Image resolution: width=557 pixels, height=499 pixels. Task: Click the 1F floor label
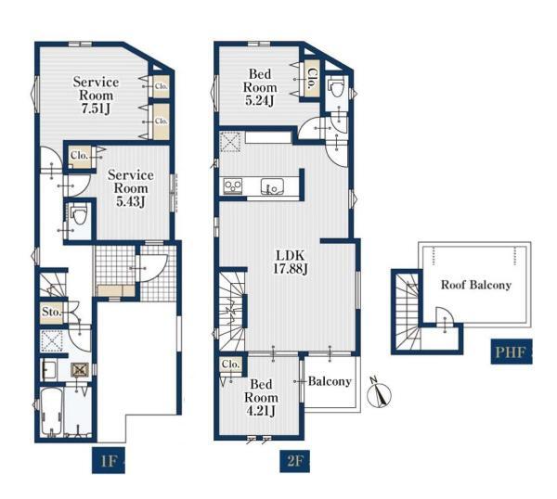109,461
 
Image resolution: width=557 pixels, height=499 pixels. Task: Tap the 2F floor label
294,461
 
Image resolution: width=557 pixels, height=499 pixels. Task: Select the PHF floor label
511,352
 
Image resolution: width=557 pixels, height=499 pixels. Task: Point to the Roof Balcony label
476,285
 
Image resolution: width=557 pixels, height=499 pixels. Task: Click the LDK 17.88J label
291,262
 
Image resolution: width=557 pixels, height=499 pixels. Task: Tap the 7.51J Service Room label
96,96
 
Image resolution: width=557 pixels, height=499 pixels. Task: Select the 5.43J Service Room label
131,188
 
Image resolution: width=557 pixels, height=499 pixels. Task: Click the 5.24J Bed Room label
260,87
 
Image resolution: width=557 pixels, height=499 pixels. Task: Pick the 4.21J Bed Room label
261,398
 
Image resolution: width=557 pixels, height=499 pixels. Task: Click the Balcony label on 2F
330,381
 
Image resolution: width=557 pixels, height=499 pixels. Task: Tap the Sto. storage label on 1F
51,313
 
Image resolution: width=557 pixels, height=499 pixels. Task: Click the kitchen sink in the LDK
272,186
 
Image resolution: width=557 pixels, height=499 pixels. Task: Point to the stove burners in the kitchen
233,186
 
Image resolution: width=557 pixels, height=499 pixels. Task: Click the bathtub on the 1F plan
52,412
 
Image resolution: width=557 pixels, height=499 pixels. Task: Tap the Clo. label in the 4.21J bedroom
231,365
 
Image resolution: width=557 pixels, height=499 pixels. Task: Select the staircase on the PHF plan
408,312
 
